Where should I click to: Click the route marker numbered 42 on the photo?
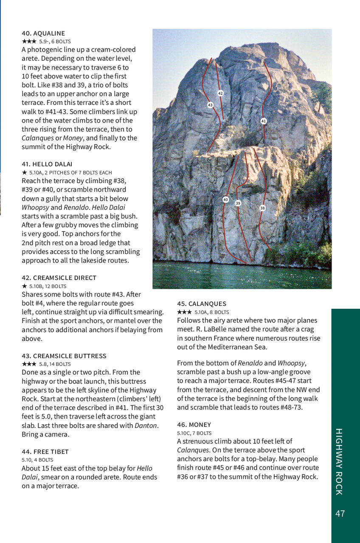click(x=220, y=93)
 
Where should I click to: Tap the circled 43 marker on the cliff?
click(x=210, y=105)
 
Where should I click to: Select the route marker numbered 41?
click(x=263, y=121)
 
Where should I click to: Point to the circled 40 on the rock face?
click(x=225, y=199)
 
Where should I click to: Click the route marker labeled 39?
click(x=238, y=203)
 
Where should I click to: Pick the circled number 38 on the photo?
click(x=262, y=208)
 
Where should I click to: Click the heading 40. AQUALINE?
click(x=43, y=33)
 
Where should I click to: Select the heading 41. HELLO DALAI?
click(x=47, y=164)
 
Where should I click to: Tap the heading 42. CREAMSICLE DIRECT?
click(x=59, y=277)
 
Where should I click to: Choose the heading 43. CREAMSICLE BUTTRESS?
click(x=64, y=355)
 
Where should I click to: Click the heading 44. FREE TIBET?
click(x=45, y=451)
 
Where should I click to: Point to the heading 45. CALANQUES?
click(x=202, y=303)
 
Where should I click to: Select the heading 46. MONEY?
click(x=194, y=424)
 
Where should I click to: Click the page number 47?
click(x=340, y=513)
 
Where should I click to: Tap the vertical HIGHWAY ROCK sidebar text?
click(x=339, y=462)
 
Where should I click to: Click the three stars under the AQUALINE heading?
click(x=29, y=42)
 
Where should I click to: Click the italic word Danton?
click(x=146, y=425)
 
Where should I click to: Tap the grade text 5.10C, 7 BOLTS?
click(x=194, y=433)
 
